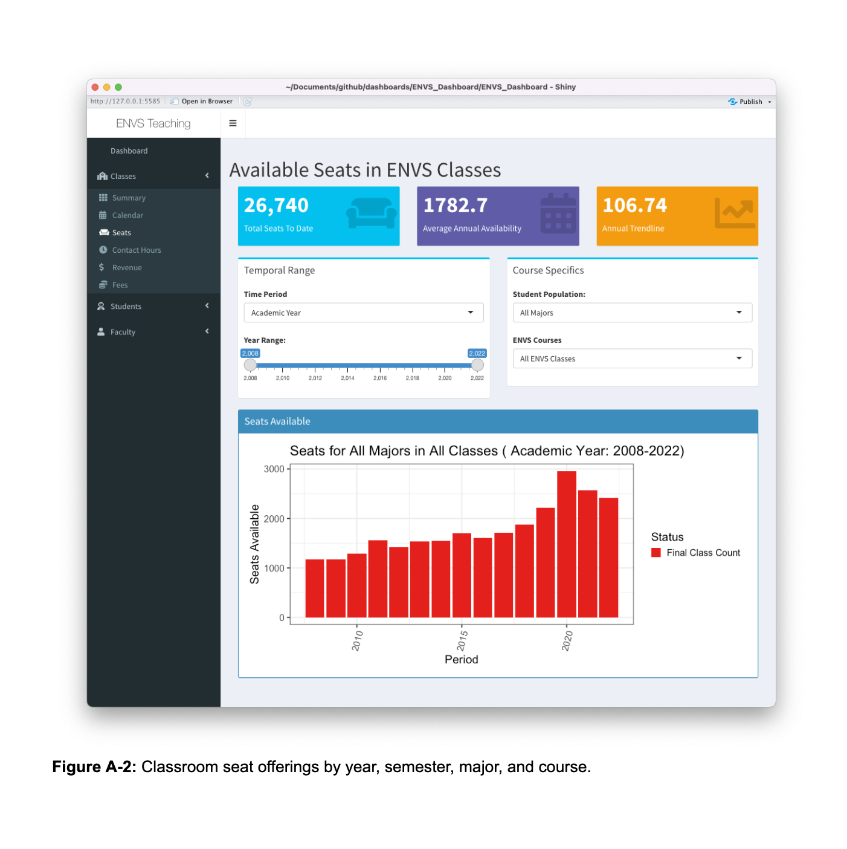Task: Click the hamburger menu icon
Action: [233, 123]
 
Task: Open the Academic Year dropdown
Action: [364, 313]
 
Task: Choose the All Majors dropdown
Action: [632, 313]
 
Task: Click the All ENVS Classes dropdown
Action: [632, 359]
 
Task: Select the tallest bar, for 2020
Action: [567, 544]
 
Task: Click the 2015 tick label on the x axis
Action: [462, 640]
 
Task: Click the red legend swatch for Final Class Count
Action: [656, 553]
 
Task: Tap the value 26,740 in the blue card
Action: [276, 206]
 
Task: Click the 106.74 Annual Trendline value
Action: [634, 206]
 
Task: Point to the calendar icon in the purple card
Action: [558, 213]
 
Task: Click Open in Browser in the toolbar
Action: [202, 102]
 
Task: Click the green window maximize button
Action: [118, 87]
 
